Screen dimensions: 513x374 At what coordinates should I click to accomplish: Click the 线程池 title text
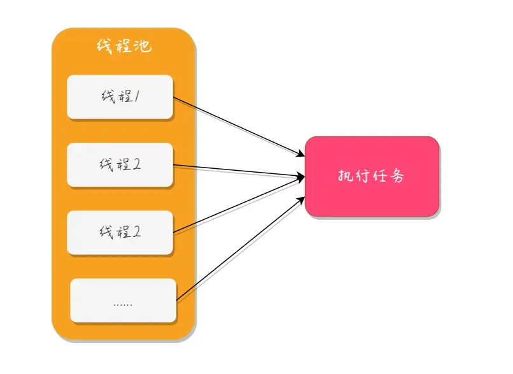coord(124,46)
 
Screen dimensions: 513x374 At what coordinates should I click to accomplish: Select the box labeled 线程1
coord(120,97)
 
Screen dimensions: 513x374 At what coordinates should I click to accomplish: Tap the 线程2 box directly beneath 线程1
coord(120,165)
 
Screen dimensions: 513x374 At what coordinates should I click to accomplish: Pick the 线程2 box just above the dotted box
coord(120,233)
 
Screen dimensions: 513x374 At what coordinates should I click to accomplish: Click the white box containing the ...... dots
coord(123,300)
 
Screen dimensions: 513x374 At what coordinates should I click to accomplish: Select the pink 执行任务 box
coord(372,176)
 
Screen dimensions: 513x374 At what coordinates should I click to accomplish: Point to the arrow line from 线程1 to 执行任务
coord(239,127)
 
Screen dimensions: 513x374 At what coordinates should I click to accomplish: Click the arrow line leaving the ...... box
coord(241,248)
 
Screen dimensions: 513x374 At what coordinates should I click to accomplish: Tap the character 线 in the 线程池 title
coord(104,46)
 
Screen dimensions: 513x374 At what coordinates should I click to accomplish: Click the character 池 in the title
coord(143,46)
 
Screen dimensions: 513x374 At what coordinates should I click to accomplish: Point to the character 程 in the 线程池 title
coord(123,46)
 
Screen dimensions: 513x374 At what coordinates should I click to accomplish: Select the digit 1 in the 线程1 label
coord(137,97)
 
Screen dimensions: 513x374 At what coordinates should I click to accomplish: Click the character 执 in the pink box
coord(346,176)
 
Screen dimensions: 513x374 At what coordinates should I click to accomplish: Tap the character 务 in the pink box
coord(397,176)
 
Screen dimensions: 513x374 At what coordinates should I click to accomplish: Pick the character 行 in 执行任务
coord(363,176)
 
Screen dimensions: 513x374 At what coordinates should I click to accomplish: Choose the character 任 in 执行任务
coord(379,176)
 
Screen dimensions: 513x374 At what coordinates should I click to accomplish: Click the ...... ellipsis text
coord(123,305)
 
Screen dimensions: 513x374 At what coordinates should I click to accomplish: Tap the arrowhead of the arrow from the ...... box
coord(301,200)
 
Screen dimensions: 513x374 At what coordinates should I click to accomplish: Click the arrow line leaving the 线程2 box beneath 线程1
coord(239,171)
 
